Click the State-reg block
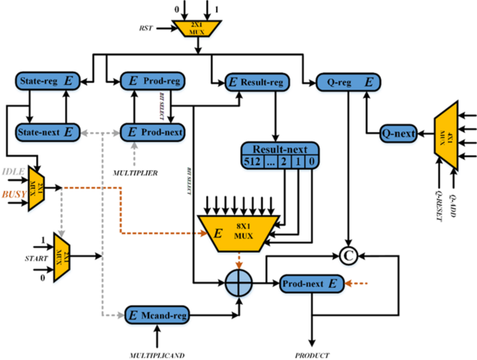click(46, 81)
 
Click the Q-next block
click(398, 131)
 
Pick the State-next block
click(46, 131)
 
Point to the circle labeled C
click(349, 256)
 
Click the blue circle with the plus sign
click(240, 283)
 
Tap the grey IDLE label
click(13, 171)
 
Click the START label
click(17, 259)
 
